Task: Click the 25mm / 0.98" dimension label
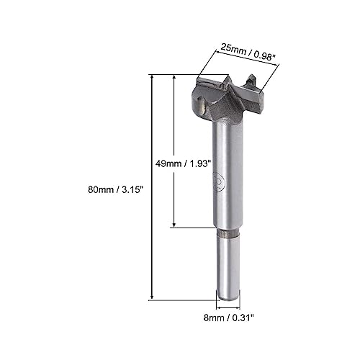tap(247, 52)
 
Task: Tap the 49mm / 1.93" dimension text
tap(183, 163)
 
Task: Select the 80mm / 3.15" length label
tap(115, 190)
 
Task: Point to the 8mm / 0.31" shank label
tap(228, 318)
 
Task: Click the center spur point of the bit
tap(228, 78)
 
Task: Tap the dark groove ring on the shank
tap(228, 233)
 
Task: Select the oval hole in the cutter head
tap(200, 106)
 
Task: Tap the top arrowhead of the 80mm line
tap(152, 76)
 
